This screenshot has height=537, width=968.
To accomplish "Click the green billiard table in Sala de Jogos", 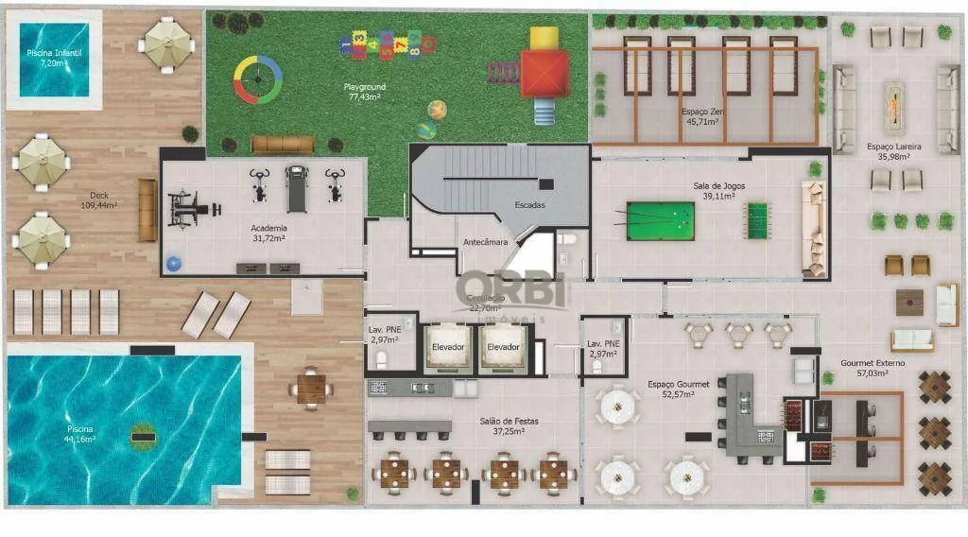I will [x=660, y=220].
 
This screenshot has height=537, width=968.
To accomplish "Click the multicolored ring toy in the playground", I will [x=258, y=79].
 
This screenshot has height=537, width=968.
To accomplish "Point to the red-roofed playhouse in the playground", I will [x=544, y=73].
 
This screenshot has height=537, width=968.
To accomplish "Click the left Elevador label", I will [x=448, y=347].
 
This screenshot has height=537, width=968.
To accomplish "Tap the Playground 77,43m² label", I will [x=364, y=92].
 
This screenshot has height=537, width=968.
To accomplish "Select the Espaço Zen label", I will [x=703, y=116].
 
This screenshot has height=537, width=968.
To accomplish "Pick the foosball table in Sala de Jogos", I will [x=757, y=220].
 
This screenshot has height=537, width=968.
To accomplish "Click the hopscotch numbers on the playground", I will [x=388, y=43].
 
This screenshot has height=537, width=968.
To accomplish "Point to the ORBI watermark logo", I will [x=511, y=288].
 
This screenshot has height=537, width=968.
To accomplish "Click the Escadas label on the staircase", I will [x=529, y=205].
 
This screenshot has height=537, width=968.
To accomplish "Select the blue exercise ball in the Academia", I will [x=173, y=264].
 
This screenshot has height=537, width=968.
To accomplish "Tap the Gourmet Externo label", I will [x=873, y=368].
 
